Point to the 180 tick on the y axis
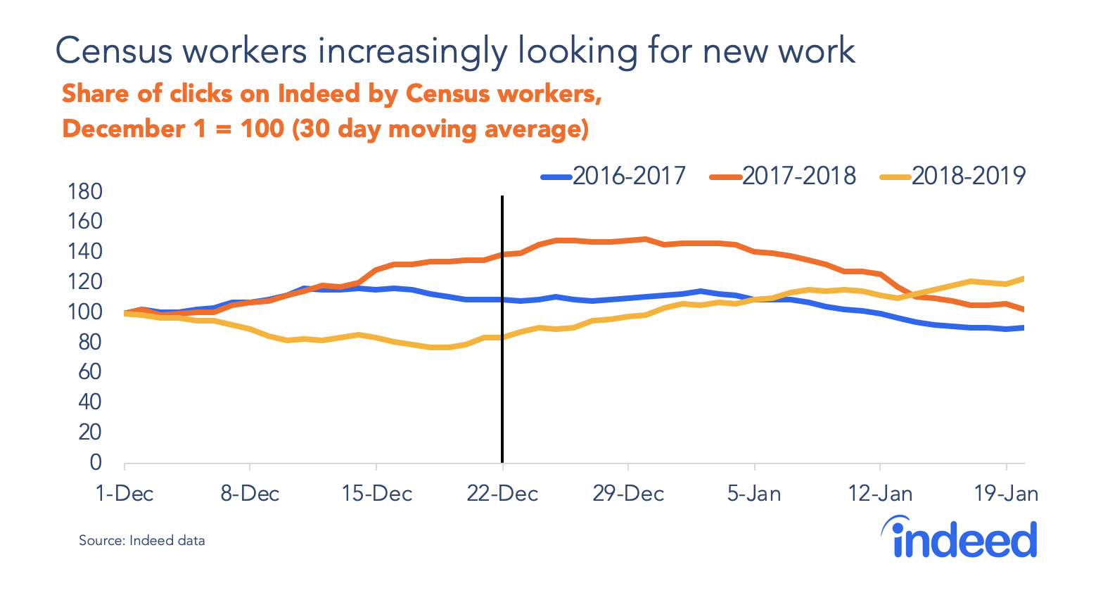pyautogui.click(x=85, y=191)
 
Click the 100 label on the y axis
pyautogui.click(x=85, y=312)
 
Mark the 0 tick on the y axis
pyautogui.click(x=95, y=463)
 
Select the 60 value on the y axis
pyautogui.click(x=89, y=372)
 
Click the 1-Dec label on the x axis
pyautogui.click(x=125, y=494)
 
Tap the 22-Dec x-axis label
pyautogui.click(x=502, y=494)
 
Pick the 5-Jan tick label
pyautogui.click(x=754, y=494)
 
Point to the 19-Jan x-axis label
pyautogui.click(x=1006, y=494)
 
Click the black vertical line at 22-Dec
pyautogui.click(x=502, y=394)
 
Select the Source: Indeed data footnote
pyautogui.click(x=141, y=541)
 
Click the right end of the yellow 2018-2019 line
pyautogui.click(x=1023, y=279)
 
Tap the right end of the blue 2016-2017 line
pyautogui.click(x=1023, y=328)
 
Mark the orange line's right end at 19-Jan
pyautogui.click(x=1023, y=309)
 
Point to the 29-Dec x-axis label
pyautogui.click(x=628, y=494)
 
